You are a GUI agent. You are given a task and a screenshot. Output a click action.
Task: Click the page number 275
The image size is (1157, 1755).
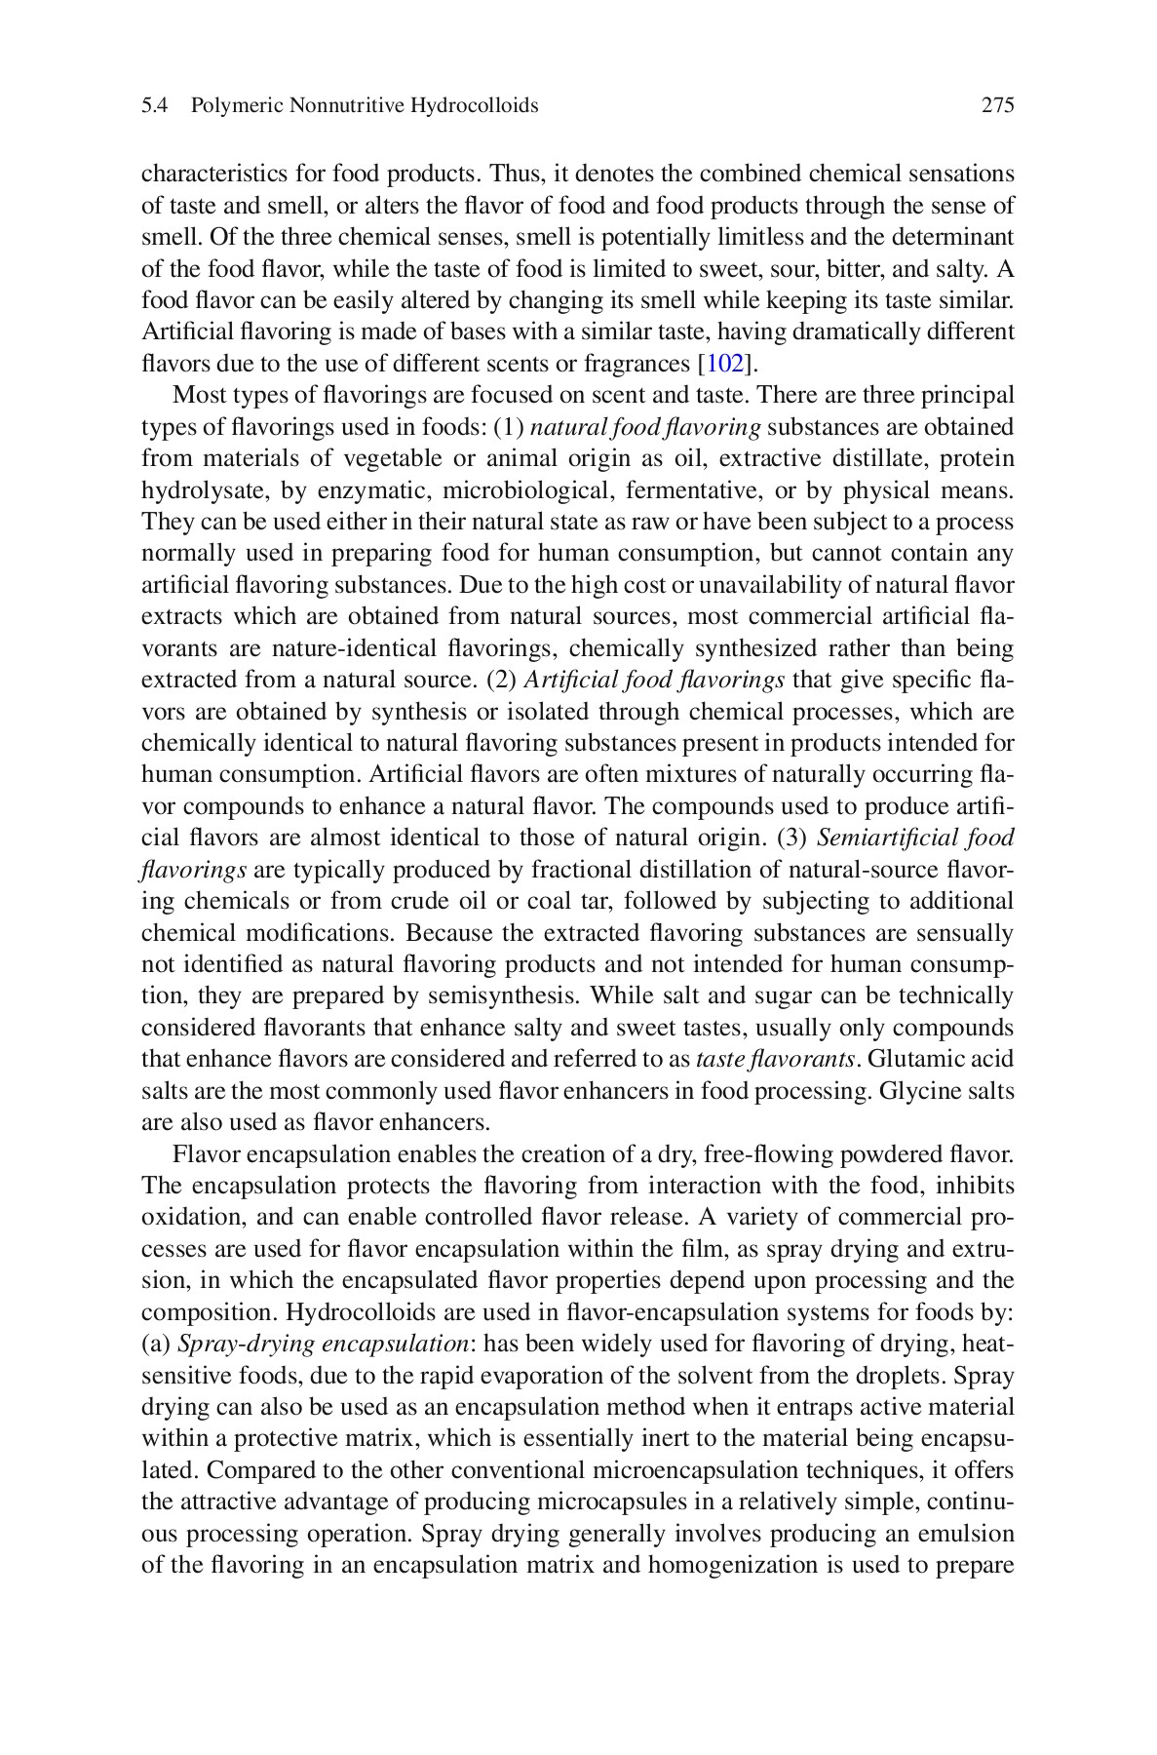point(997,105)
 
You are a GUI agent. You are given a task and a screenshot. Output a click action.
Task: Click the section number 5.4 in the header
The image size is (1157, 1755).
point(155,105)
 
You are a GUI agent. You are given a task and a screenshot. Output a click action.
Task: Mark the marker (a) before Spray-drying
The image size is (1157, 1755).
point(156,1345)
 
